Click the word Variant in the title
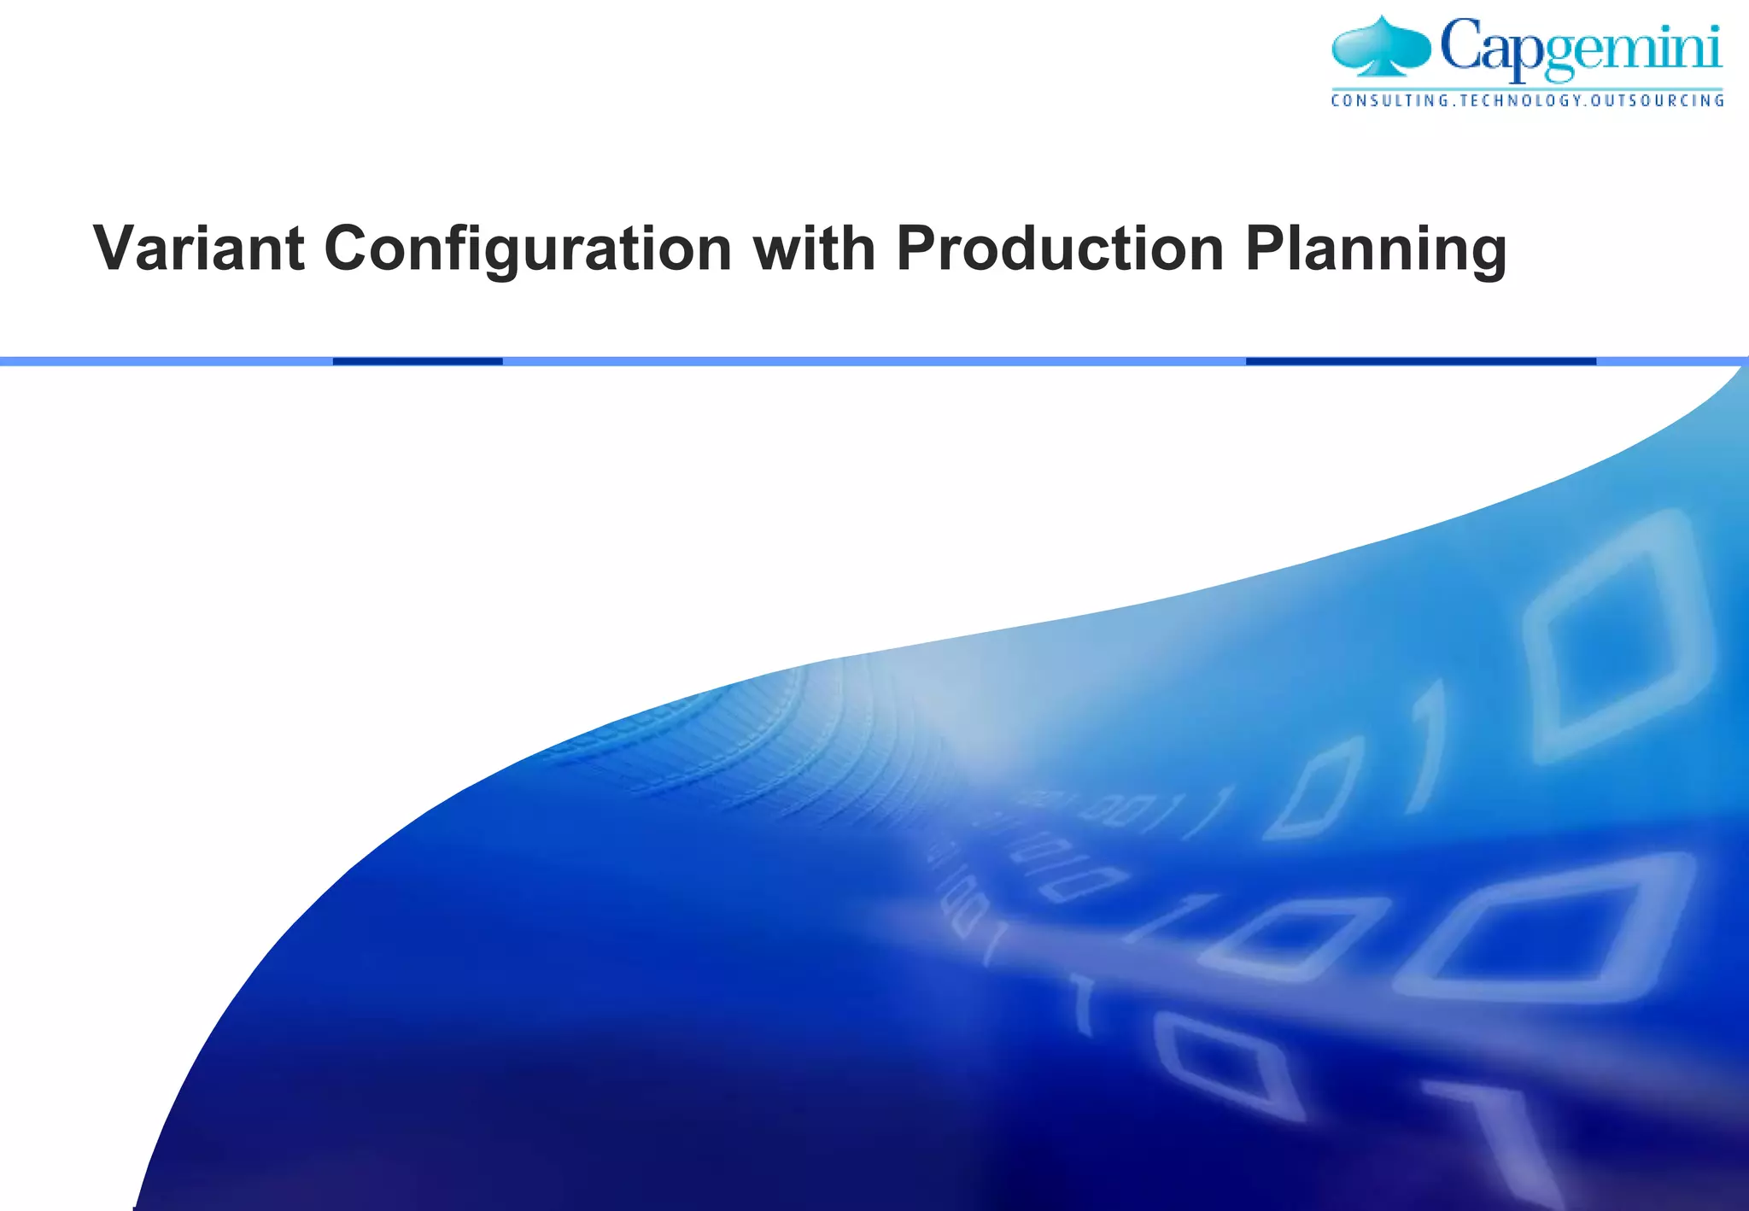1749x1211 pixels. [198, 249]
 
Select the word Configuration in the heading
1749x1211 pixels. [528, 250]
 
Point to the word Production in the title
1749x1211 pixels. [1060, 249]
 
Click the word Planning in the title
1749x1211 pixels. [1376, 250]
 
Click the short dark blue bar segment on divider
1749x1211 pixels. [418, 361]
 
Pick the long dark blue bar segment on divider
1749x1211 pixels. [1421, 361]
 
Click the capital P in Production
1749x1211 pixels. [916, 249]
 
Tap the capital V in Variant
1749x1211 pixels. [117, 249]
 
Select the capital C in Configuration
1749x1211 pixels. [350, 249]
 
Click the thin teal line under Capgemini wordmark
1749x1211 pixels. [1528, 88]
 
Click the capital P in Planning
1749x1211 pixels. [1266, 249]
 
